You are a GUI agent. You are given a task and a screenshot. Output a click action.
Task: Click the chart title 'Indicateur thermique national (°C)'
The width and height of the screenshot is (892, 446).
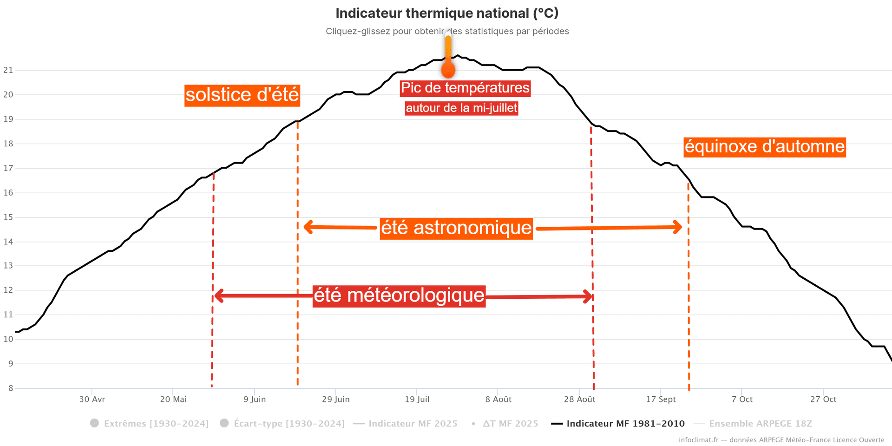tap(447, 13)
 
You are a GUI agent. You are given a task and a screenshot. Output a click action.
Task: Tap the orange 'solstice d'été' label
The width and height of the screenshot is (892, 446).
tap(242, 95)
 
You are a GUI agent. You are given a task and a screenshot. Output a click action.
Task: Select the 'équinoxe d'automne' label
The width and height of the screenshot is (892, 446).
tap(764, 147)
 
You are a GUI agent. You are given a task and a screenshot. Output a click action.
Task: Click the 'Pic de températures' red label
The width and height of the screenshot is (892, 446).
tap(465, 88)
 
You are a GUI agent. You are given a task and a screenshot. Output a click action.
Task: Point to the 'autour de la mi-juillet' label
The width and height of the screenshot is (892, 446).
tap(461, 108)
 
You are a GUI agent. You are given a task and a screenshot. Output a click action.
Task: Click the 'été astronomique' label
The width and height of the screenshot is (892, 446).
tap(456, 228)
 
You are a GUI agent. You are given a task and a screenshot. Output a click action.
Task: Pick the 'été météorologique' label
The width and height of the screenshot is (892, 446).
tap(399, 296)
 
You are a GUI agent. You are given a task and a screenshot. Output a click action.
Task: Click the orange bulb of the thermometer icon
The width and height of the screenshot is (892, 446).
tap(448, 71)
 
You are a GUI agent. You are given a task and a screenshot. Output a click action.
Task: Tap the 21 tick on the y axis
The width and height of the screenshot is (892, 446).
tap(8, 70)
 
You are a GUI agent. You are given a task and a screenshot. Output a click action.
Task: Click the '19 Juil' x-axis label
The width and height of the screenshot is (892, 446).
tap(417, 400)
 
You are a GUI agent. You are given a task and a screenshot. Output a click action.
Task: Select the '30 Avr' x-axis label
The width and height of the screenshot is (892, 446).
tap(92, 400)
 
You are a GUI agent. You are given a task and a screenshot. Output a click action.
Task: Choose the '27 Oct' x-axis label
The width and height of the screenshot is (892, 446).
tap(823, 400)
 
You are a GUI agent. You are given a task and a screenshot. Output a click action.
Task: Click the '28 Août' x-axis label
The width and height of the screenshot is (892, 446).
tap(579, 400)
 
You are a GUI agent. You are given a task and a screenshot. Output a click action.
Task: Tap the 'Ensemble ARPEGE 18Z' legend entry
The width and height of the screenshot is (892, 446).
tap(760, 424)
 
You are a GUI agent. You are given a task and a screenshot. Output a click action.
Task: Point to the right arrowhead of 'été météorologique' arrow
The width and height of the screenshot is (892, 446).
tap(588, 296)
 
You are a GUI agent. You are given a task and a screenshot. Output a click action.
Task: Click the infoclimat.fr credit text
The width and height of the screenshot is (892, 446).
tap(781, 440)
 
